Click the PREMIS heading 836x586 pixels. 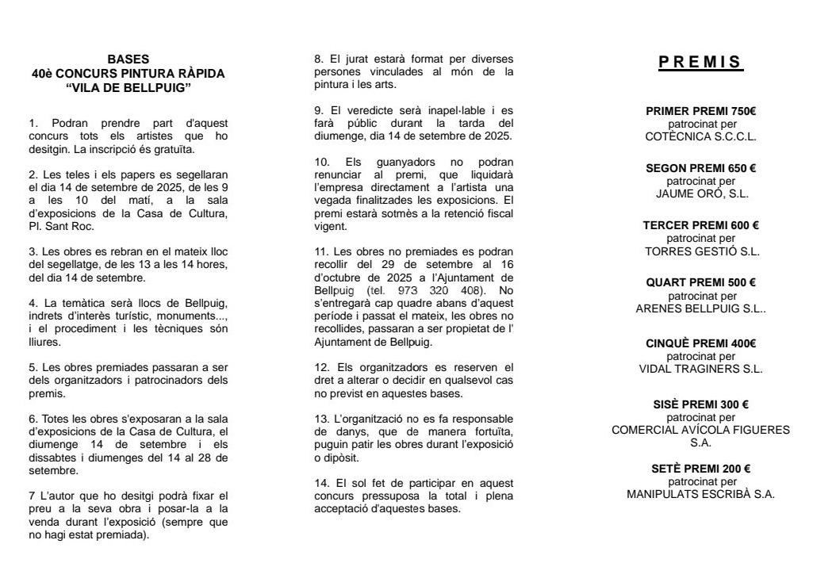(x=701, y=62)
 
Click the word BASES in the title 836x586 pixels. (x=128, y=59)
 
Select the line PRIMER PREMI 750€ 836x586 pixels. (x=701, y=111)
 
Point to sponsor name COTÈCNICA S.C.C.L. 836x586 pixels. (x=701, y=136)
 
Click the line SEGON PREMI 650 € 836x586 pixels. (x=701, y=168)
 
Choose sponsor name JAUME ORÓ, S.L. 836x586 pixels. (x=701, y=193)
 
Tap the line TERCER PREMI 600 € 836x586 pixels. (x=701, y=225)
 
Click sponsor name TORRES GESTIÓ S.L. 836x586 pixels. (x=701, y=251)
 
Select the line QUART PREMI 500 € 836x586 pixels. (x=701, y=283)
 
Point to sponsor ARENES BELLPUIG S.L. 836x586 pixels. (x=701, y=308)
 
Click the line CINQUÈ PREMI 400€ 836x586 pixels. (x=701, y=343)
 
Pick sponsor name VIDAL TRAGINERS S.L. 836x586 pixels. (x=701, y=368)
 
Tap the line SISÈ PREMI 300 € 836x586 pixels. (x=701, y=404)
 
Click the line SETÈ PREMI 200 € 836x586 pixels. (x=701, y=468)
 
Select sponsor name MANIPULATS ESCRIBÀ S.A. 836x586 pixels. (x=701, y=493)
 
